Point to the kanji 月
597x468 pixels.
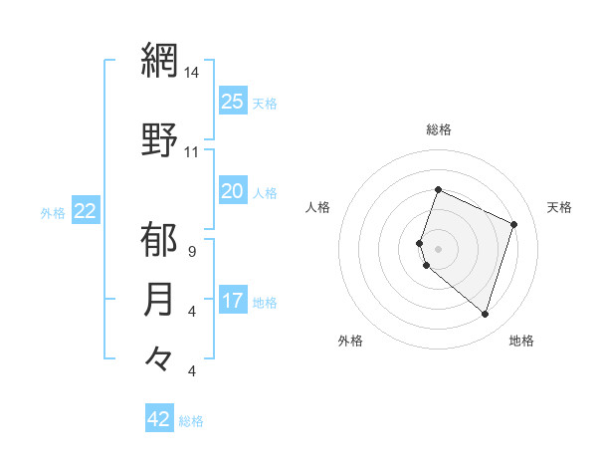point(159,299)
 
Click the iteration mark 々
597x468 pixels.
point(159,357)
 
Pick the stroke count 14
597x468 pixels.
point(192,74)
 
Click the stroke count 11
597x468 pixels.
point(192,152)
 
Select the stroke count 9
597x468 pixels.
point(191,252)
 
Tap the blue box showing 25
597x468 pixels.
point(232,102)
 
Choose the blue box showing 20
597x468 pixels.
point(232,191)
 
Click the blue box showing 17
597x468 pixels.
point(232,301)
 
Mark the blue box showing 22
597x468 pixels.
point(86,211)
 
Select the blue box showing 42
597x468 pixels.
point(159,419)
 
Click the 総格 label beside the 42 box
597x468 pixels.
point(191,421)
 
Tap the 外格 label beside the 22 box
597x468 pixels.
point(53,212)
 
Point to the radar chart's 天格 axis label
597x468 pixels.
point(559,207)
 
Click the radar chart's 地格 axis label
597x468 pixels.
point(521,341)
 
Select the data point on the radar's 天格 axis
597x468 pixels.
point(514,224)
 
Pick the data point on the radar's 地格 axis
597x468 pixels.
point(485,315)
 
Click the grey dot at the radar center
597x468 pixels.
point(439,248)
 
